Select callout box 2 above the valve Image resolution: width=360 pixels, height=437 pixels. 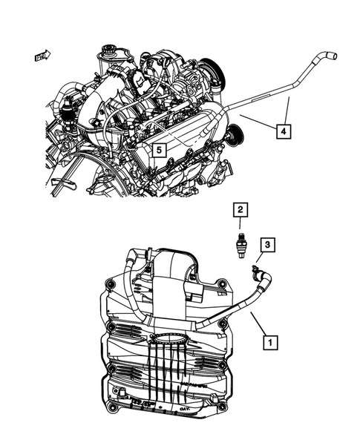[239, 211]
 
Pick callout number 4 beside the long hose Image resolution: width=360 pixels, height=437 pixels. [284, 131]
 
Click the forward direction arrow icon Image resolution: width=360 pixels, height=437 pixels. [41, 55]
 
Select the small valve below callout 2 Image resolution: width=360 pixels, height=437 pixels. [239, 243]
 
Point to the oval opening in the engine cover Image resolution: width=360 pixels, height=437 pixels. [173, 342]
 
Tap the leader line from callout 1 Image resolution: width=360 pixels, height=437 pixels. [257, 326]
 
